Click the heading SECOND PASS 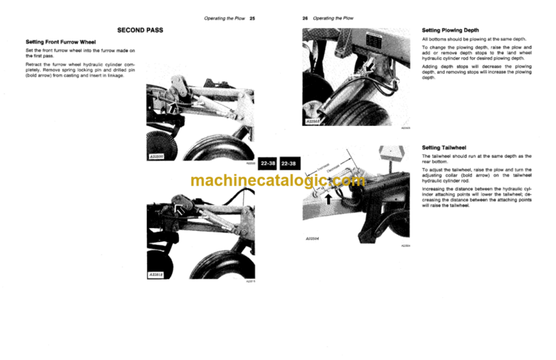click(x=140, y=30)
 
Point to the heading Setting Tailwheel click(x=444, y=148)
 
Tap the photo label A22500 click(x=157, y=155)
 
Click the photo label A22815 click(x=157, y=275)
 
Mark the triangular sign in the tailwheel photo click(x=389, y=154)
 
